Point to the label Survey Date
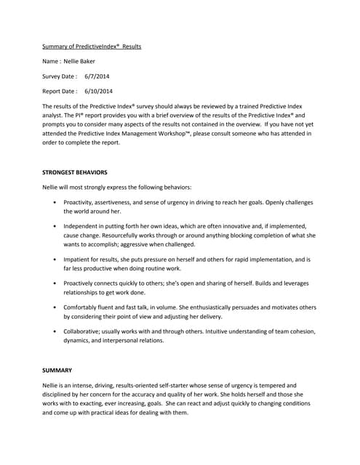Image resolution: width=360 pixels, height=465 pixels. point(60,76)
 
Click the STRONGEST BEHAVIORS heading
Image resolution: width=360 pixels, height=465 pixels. point(76,172)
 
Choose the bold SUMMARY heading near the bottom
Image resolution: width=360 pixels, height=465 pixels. point(57,370)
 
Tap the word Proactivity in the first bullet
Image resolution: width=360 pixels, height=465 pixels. point(81,202)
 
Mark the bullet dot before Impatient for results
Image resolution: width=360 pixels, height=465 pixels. point(55,259)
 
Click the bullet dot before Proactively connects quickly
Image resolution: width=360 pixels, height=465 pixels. point(55,283)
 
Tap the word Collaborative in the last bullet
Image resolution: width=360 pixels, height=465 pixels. point(84,331)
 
